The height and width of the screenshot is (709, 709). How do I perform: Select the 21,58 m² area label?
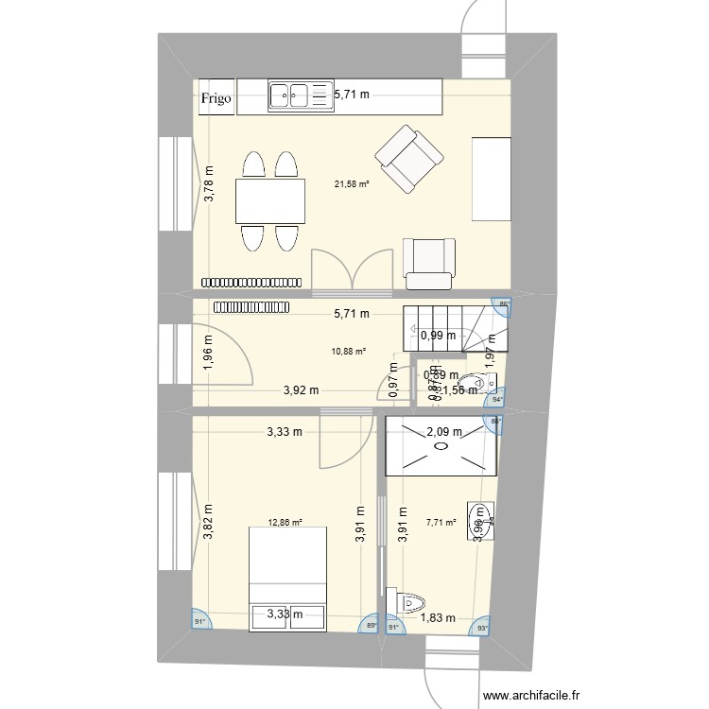pyautogui.click(x=351, y=184)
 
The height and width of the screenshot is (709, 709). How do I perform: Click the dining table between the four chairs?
pyautogui.click(x=271, y=201)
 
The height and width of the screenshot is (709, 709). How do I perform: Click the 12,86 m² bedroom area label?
pyautogui.click(x=285, y=521)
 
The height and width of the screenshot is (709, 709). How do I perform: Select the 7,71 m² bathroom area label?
pyautogui.click(x=441, y=521)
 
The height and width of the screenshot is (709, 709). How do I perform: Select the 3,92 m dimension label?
pyautogui.click(x=303, y=389)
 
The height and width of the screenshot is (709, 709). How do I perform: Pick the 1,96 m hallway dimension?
pyautogui.click(x=209, y=351)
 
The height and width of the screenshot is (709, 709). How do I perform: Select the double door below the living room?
pyautogui.click(x=352, y=268)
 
